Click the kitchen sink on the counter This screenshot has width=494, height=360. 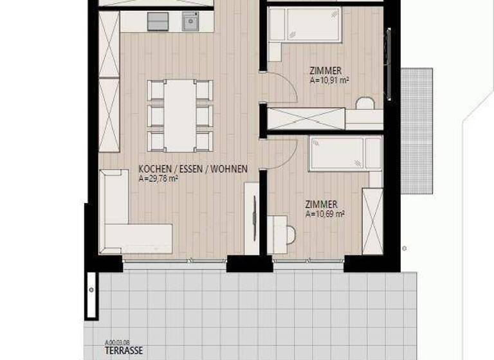190,22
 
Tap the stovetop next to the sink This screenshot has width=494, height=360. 158,22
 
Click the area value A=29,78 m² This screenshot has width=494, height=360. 158,179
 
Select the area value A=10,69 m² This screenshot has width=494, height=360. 325,214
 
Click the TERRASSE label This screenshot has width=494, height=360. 123,351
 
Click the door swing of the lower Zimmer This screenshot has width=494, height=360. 282,153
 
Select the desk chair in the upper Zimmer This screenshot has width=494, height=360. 365,104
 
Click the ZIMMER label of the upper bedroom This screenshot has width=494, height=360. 325,71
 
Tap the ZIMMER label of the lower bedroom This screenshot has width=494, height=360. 321,204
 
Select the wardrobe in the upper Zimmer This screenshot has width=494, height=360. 306,119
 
